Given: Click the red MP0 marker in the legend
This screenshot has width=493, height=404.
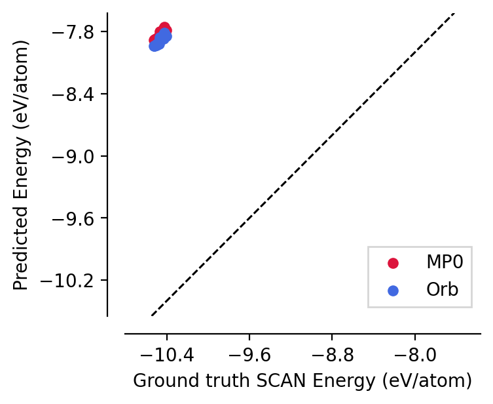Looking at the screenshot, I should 393,263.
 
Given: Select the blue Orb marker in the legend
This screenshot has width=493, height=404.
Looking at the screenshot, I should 393,290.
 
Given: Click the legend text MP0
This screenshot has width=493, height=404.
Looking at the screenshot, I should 445,263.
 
